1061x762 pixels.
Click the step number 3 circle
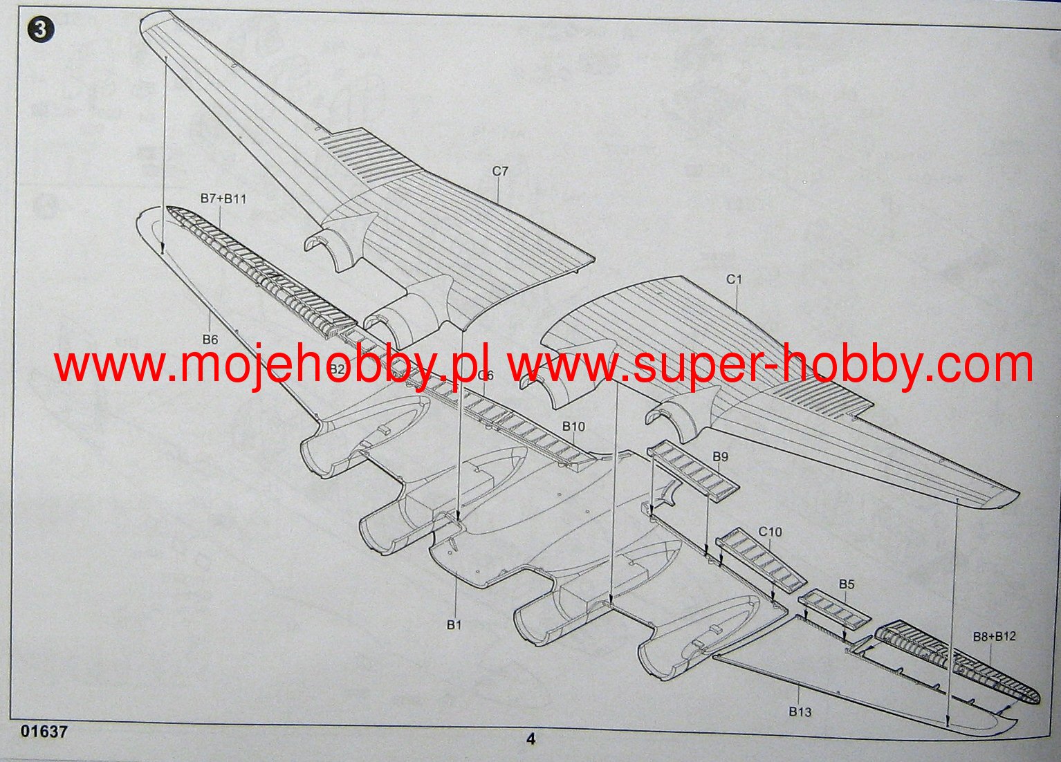pos(41,30)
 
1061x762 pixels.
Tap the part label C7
pos(500,171)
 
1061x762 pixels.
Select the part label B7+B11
pos(223,198)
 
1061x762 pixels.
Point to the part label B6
pos(210,339)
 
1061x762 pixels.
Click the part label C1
pos(734,279)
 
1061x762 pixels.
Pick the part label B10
pos(573,426)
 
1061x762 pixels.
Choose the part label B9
pos(720,456)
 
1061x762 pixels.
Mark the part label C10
pos(770,531)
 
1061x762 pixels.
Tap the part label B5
pos(847,584)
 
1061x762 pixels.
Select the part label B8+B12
pos(995,636)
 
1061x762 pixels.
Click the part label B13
pos(800,712)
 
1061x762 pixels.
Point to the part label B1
pos(454,624)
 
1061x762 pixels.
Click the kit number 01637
pos(44,731)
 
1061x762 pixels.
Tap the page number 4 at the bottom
pos(530,738)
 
